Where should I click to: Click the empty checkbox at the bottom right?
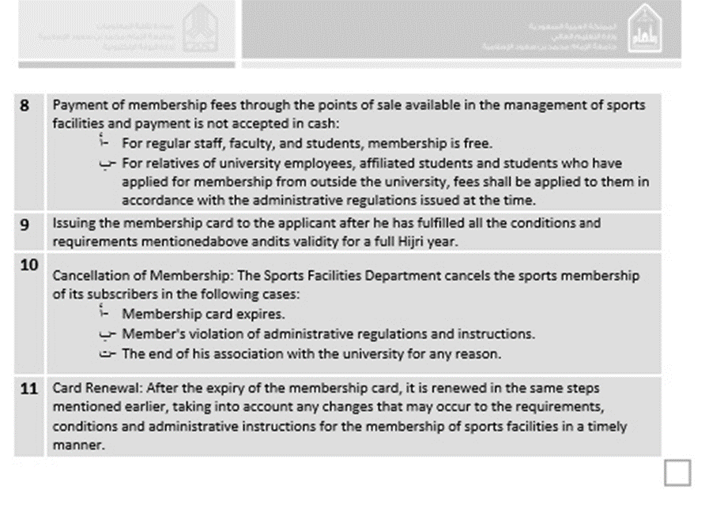(677, 472)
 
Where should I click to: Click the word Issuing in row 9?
(74, 224)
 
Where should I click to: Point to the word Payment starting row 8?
(77, 104)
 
